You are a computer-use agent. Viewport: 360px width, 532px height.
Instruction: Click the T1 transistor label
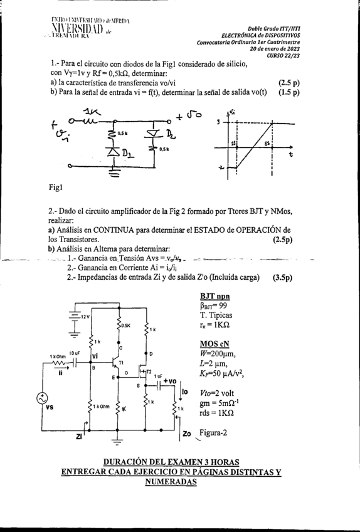pos(122,363)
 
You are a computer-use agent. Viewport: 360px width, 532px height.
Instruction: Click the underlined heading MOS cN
pos(214,344)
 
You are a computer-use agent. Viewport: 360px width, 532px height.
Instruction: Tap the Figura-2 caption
pos(213,432)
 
